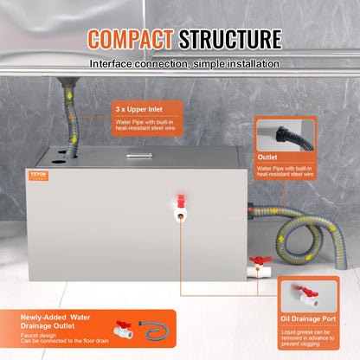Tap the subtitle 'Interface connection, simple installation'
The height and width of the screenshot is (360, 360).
[181, 64]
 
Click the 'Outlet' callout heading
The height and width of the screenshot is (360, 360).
[269, 158]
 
